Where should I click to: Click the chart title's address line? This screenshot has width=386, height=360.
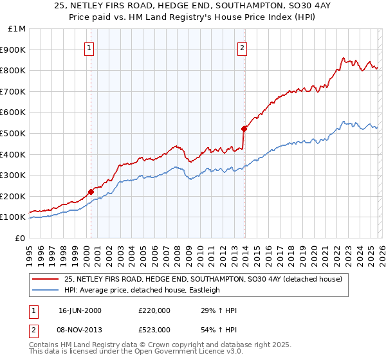coord(193,6)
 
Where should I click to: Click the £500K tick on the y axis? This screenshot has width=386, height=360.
coord(12,133)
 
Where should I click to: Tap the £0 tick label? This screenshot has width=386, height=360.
coord(20,238)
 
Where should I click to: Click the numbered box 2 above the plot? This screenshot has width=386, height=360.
coord(243,47)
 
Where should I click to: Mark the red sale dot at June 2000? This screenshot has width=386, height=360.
coord(91,191)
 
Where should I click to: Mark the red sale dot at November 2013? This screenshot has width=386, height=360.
coord(244,128)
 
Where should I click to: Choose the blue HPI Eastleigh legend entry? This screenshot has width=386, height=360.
coord(142,290)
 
